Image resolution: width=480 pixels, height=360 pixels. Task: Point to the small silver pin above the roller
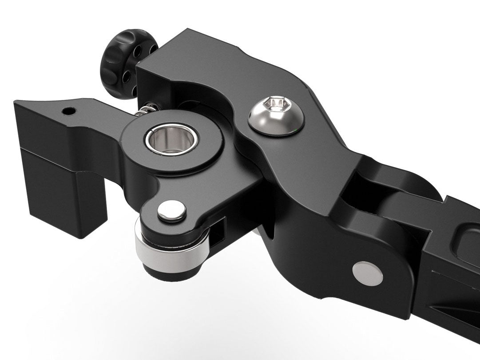click(171, 210)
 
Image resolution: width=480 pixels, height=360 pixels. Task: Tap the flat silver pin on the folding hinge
click(367, 273)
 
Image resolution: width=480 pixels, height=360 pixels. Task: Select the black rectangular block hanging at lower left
click(67, 195)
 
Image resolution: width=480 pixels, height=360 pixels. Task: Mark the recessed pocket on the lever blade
click(468, 242)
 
